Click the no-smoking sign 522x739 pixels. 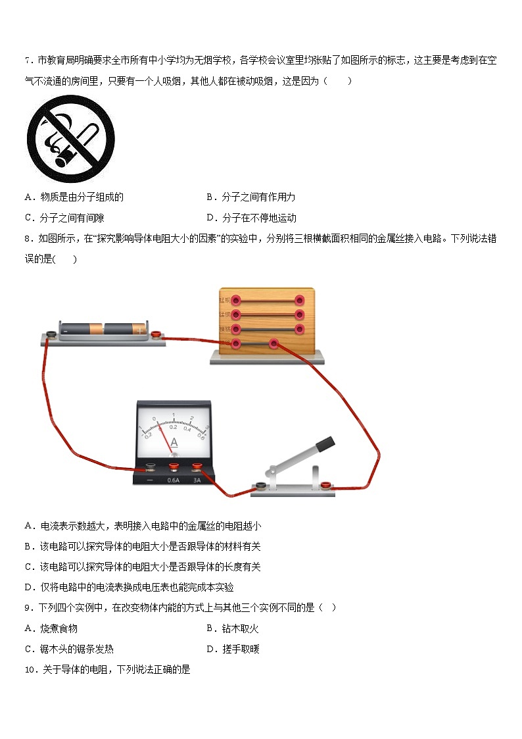pos(70,139)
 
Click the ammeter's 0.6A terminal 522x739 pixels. pos(174,468)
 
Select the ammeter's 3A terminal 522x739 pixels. pos(197,468)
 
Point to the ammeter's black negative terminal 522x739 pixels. pos(151,468)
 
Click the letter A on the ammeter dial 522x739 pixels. pos(174,443)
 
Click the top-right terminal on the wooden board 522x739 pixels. pos(300,300)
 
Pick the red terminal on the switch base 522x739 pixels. pos(325,486)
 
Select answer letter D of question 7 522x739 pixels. pos(210,218)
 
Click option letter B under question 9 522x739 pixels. pos(210,628)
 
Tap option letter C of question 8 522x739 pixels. pos(28,567)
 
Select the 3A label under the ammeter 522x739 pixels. pos(197,480)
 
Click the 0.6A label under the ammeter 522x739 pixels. pos(174,480)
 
